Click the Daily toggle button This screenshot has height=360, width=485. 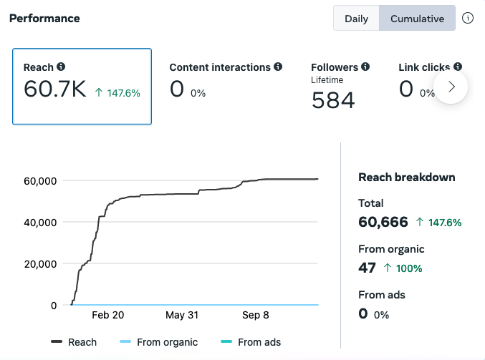click(x=356, y=18)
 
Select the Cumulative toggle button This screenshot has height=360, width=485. click(x=417, y=18)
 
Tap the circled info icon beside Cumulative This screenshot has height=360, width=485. click(x=468, y=18)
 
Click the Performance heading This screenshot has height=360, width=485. click(x=44, y=19)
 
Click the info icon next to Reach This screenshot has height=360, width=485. click(x=61, y=67)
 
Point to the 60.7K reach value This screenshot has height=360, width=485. click(x=54, y=89)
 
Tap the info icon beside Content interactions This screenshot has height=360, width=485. click(x=278, y=67)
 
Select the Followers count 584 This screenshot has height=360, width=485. click(x=333, y=100)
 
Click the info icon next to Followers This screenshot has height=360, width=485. click(x=365, y=67)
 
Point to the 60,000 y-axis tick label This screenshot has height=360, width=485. click(x=40, y=181)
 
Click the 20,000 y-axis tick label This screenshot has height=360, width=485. click(x=40, y=264)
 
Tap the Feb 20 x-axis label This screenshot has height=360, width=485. click(x=108, y=315)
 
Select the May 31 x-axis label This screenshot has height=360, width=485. click(x=182, y=315)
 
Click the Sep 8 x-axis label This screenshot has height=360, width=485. click(x=256, y=315)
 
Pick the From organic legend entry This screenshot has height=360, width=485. click(x=158, y=342)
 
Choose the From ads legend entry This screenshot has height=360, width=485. click(x=251, y=342)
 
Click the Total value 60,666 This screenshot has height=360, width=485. click(x=383, y=222)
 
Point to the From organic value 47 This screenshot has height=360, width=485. click(x=367, y=268)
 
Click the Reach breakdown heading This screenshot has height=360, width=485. click(x=407, y=177)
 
